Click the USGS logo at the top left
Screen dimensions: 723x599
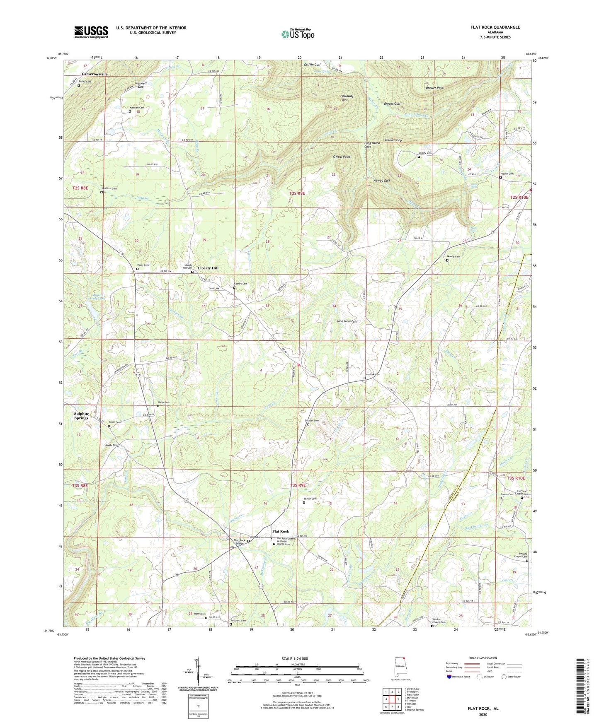(91, 31)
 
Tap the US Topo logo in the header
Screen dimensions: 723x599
(298, 34)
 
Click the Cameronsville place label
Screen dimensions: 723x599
(95, 74)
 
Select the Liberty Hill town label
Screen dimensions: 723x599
(208, 268)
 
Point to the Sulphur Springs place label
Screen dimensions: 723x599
(81, 416)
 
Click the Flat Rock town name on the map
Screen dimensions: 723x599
(281, 531)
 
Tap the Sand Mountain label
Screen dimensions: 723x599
(347, 321)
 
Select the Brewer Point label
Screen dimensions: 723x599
(435, 88)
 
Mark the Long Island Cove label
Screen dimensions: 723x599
(372, 145)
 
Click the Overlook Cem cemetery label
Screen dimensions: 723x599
(372, 374)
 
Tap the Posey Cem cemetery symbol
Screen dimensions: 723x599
(137, 269)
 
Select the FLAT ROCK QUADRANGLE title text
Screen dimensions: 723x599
(495, 27)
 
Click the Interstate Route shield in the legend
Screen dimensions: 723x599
(450, 677)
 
